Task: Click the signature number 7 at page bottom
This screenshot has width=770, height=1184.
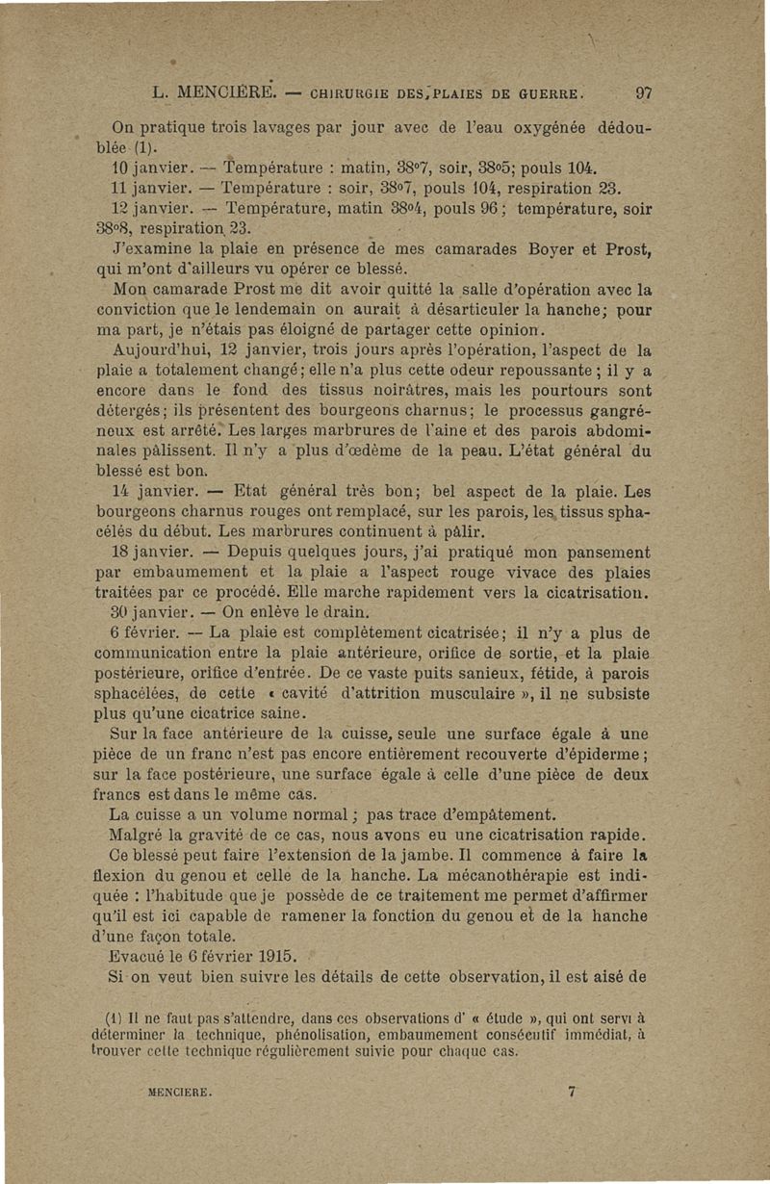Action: coord(572,1092)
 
